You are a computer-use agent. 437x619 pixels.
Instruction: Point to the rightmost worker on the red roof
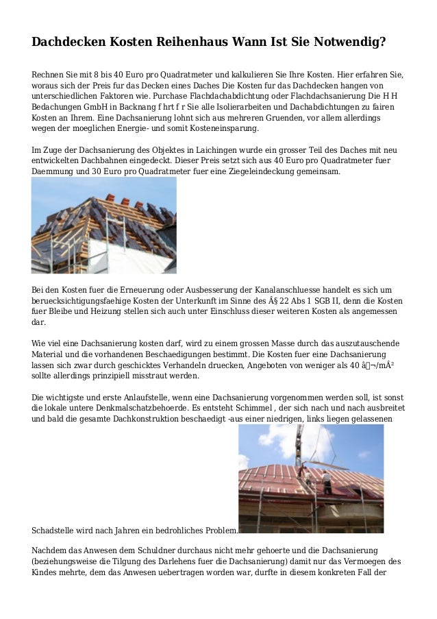click(328, 481)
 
